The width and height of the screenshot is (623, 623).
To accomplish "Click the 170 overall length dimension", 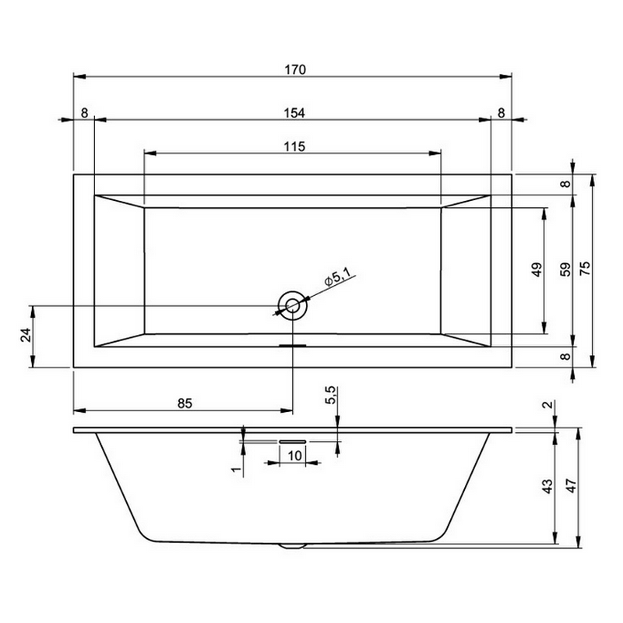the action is click(295, 69).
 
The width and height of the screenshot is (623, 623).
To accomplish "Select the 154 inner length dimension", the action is click(294, 113).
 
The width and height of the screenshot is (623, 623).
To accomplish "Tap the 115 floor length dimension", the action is click(294, 146).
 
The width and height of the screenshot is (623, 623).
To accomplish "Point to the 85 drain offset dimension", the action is click(185, 403).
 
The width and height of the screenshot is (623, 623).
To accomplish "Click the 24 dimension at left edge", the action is click(26, 335).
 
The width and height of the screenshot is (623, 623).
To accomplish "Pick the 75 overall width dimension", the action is click(586, 268).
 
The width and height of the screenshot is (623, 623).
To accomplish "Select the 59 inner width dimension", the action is click(565, 269).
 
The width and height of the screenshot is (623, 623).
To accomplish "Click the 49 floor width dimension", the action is click(537, 269).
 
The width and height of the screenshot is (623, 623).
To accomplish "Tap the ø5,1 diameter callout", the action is click(337, 276).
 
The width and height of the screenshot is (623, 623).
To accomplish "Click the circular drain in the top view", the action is click(293, 305).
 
